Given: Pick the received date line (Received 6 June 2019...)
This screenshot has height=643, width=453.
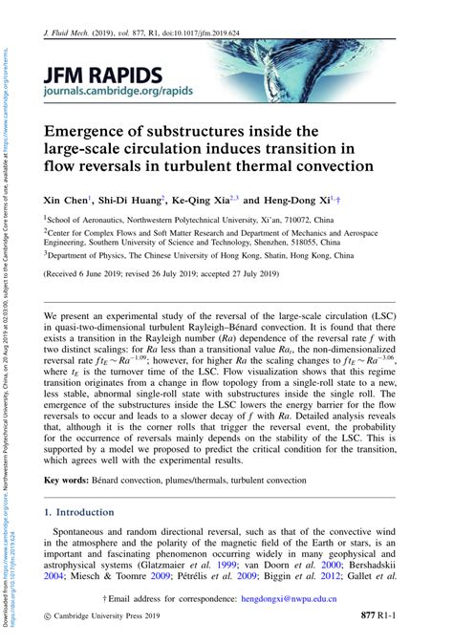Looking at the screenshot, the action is click(162, 272).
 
